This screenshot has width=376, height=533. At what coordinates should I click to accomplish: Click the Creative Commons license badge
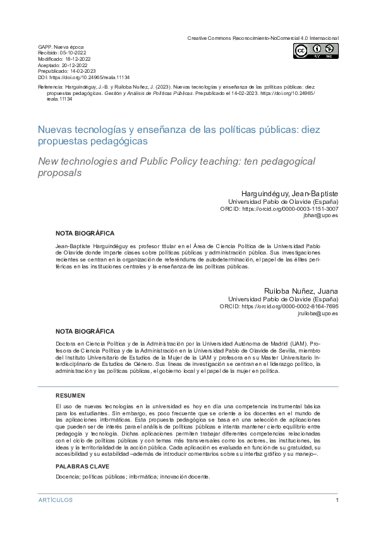[315, 51]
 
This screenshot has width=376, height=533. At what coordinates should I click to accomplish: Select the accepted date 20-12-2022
[73, 65]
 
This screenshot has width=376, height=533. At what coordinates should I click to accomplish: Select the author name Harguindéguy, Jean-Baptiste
[289, 192]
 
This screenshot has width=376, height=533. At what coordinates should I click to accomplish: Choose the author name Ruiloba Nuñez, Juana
[301, 291]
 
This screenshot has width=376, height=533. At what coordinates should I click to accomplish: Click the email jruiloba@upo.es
[317, 313]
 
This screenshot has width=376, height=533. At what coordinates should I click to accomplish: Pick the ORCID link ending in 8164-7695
[292, 306]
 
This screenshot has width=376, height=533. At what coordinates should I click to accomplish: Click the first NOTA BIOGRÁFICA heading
[85, 233]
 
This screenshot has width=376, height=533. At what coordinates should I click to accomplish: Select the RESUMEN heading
[70, 395]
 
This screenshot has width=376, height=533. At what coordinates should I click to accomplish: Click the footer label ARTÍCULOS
[56, 500]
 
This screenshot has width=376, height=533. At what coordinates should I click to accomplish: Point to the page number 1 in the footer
[337, 500]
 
